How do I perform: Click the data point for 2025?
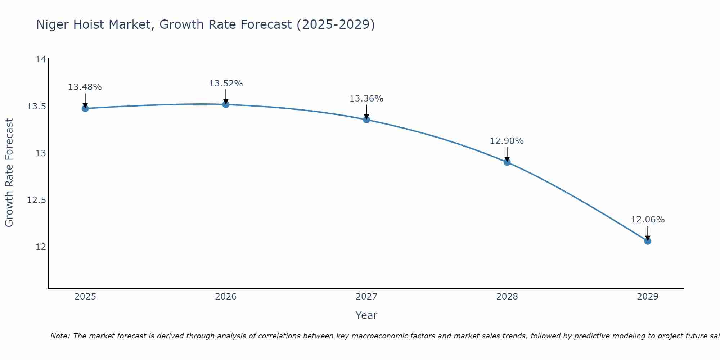pyautogui.click(x=85, y=108)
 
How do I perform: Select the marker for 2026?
pyautogui.click(x=226, y=104)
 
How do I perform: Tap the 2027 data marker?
pyautogui.click(x=366, y=120)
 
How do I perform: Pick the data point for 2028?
pyautogui.click(x=507, y=162)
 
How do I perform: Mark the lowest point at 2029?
pyautogui.click(x=648, y=241)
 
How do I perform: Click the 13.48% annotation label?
pyautogui.click(x=85, y=87)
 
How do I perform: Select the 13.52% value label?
pyautogui.click(x=226, y=84)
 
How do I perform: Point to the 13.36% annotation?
pyautogui.click(x=366, y=99)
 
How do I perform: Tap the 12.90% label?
pyautogui.click(x=507, y=141)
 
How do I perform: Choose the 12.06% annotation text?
pyautogui.click(x=648, y=220)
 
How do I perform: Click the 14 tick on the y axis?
pyautogui.click(x=41, y=59)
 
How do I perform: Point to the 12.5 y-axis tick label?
pyautogui.click(x=37, y=200)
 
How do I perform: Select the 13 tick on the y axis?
pyautogui.click(x=41, y=153)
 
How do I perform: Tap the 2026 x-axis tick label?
pyautogui.click(x=226, y=297)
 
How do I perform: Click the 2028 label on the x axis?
pyautogui.click(x=507, y=297)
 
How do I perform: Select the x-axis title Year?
pyautogui.click(x=366, y=315)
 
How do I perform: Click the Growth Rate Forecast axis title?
pyautogui.click(x=9, y=173)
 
